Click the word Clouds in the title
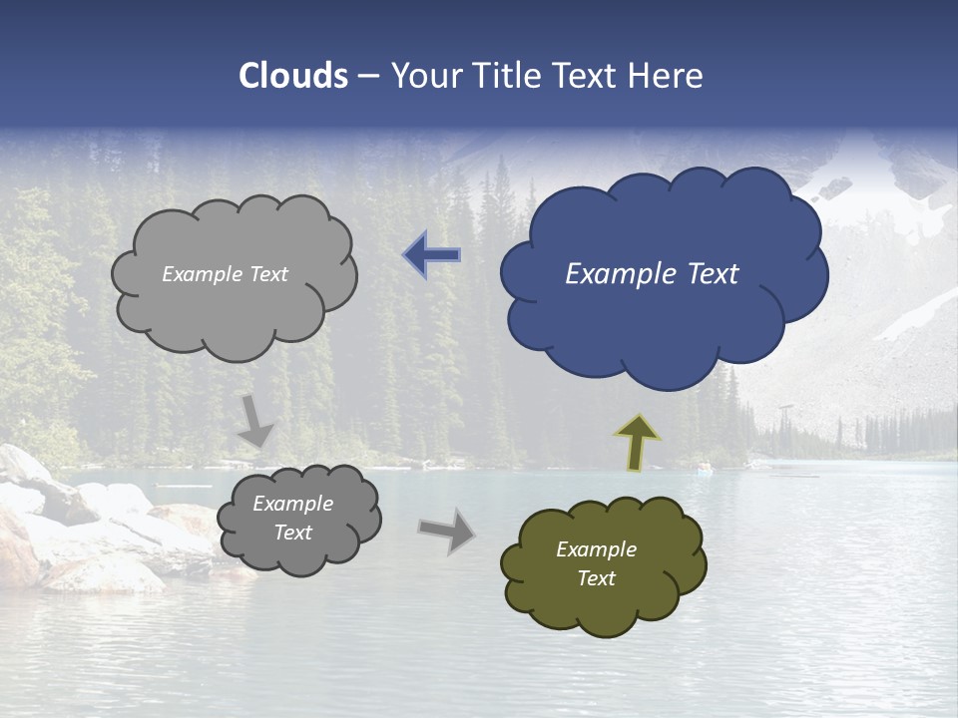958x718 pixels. (x=293, y=76)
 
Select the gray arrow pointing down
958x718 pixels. (x=255, y=420)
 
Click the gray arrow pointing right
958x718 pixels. (x=447, y=531)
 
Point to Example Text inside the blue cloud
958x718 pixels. (x=652, y=274)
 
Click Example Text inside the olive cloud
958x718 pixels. (x=596, y=563)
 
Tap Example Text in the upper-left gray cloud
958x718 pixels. (x=225, y=274)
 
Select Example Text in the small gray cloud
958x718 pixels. (x=292, y=518)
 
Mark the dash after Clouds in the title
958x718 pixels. (x=368, y=77)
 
